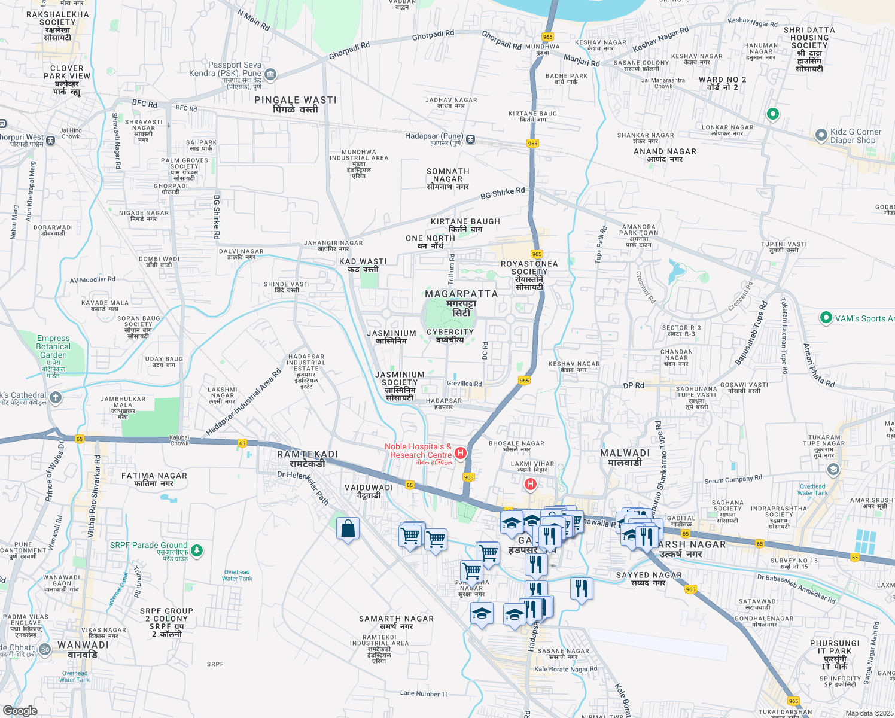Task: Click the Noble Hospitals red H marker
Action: (461, 453)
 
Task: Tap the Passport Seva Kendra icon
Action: (270, 74)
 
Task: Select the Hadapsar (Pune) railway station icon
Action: (471, 139)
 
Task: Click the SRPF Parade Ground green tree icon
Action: (196, 550)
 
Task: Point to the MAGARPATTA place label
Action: (461, 294)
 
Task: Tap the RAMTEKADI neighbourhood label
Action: (308, 459)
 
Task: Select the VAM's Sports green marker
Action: (826, 318)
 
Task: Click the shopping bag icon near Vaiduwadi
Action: (348, 529)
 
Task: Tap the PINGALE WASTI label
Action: (296, 104)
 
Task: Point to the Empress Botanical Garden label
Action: (53, 347)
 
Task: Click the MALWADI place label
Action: (625, 458)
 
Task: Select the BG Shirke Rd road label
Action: (503, 193)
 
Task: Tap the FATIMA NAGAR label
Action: (154, 479)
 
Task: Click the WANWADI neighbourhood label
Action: (83, 650)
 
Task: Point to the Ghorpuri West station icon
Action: (51, 141)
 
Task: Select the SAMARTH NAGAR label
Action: (396, 622)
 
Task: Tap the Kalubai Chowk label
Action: (179, 440)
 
